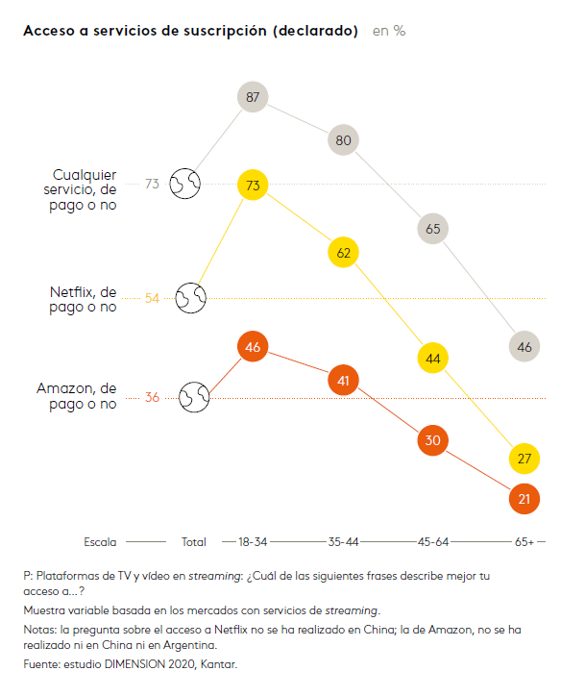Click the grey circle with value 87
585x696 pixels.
click(x=253, y=97)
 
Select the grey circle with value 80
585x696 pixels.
click(x=343, y=139)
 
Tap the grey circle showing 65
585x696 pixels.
click(x=433, y=229)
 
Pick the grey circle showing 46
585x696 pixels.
click(x=524, y=347)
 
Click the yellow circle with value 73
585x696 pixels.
click(x=253, y=185)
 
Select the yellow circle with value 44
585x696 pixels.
click(x=433, y=359)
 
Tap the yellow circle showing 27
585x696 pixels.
click(x=524, y=460)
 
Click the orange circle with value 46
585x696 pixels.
click(x=253, y=347)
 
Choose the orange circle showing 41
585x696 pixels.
click(x=343, y=381)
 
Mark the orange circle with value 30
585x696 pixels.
click(x=433, y=440)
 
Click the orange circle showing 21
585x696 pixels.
click(x=524, y=499)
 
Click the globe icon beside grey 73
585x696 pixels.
click(x=184, y=183)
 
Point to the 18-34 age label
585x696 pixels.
click(x=253, y=542)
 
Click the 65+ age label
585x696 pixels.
click(x=524, y=542)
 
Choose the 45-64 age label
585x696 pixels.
click(x=433, y=542)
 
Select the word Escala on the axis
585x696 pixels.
click(x=101, y=542)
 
